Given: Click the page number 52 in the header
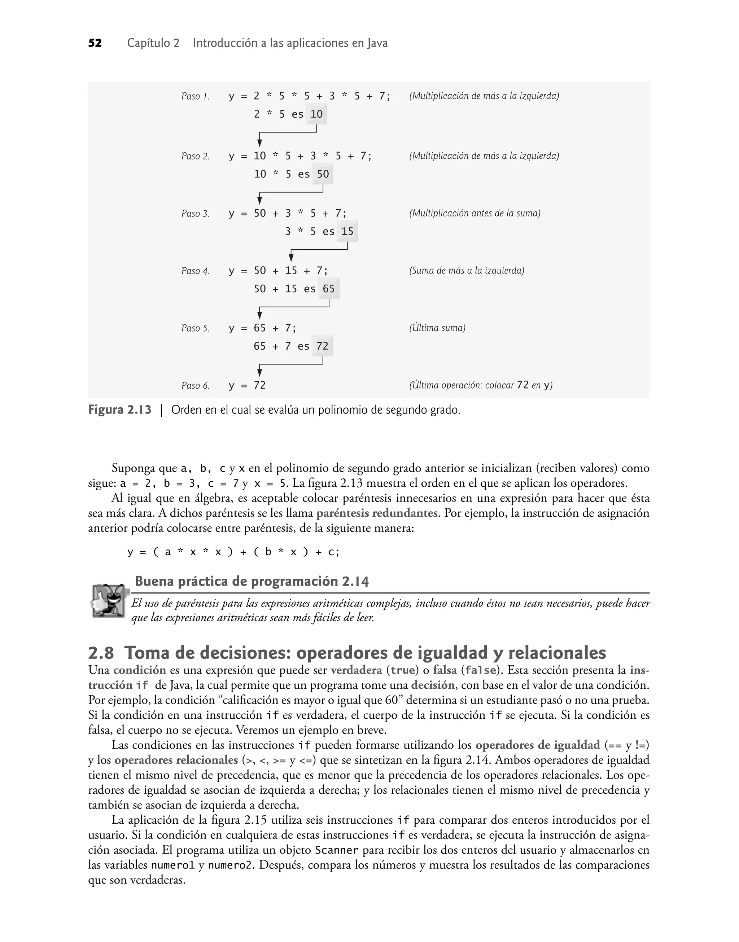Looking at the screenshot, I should [x=95, y=43].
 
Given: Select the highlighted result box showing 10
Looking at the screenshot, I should [x=316, y=114].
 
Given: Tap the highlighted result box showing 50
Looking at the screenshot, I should [x=323, y=174].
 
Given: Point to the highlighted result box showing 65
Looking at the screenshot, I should [x=329, y=289].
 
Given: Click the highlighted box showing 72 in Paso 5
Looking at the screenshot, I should [x=322, y=346].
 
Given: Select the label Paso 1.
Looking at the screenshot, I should [x=195, y=96].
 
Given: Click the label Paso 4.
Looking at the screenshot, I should [x=195, y=271].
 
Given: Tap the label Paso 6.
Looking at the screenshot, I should [x=195, y=386].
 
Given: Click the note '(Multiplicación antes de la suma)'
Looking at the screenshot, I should [x=475, y=213].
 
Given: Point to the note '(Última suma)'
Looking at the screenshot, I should [x=437, y=328].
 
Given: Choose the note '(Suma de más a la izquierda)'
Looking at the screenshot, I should [x=467, y=271].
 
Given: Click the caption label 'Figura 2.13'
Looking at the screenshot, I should [x=120, y=409].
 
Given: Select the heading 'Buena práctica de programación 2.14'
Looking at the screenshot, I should [x=252, y=581].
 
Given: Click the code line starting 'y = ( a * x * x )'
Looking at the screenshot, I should [x=233, y=552].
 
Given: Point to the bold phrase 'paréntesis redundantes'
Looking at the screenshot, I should [x=377, y=513].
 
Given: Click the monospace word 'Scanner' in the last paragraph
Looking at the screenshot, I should [x=337, y=850].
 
